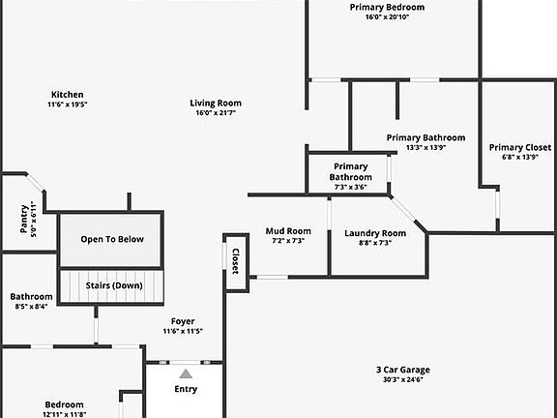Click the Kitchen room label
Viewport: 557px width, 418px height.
(68, 95)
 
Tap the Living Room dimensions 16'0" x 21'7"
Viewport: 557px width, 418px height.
(216, 113)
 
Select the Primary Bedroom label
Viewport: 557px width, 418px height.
(387, 8)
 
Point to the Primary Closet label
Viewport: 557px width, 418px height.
(520, 147)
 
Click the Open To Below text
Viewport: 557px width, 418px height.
(112, 239)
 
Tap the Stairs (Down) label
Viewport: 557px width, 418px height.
(114, 285)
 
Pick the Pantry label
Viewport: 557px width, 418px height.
(24, 219)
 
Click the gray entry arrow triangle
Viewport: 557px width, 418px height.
(186, 373)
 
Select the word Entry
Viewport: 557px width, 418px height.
(186, 389)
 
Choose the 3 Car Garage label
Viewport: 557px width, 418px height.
(403, 370)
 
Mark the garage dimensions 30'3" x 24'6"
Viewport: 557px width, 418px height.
(403, 379)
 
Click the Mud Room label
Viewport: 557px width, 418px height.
(288, 231)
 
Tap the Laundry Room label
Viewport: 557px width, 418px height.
(375, 233)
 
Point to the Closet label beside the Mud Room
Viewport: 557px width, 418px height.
(236, 261)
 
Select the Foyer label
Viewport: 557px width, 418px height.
(183, 321)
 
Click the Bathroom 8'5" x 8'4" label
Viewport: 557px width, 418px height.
(31, 301)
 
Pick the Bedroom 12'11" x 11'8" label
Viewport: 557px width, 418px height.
(64, 409)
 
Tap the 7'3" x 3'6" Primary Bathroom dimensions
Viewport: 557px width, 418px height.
(351, 188)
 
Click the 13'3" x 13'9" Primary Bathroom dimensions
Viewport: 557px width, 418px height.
(425, 147)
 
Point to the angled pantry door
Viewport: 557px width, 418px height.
(35, 183)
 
